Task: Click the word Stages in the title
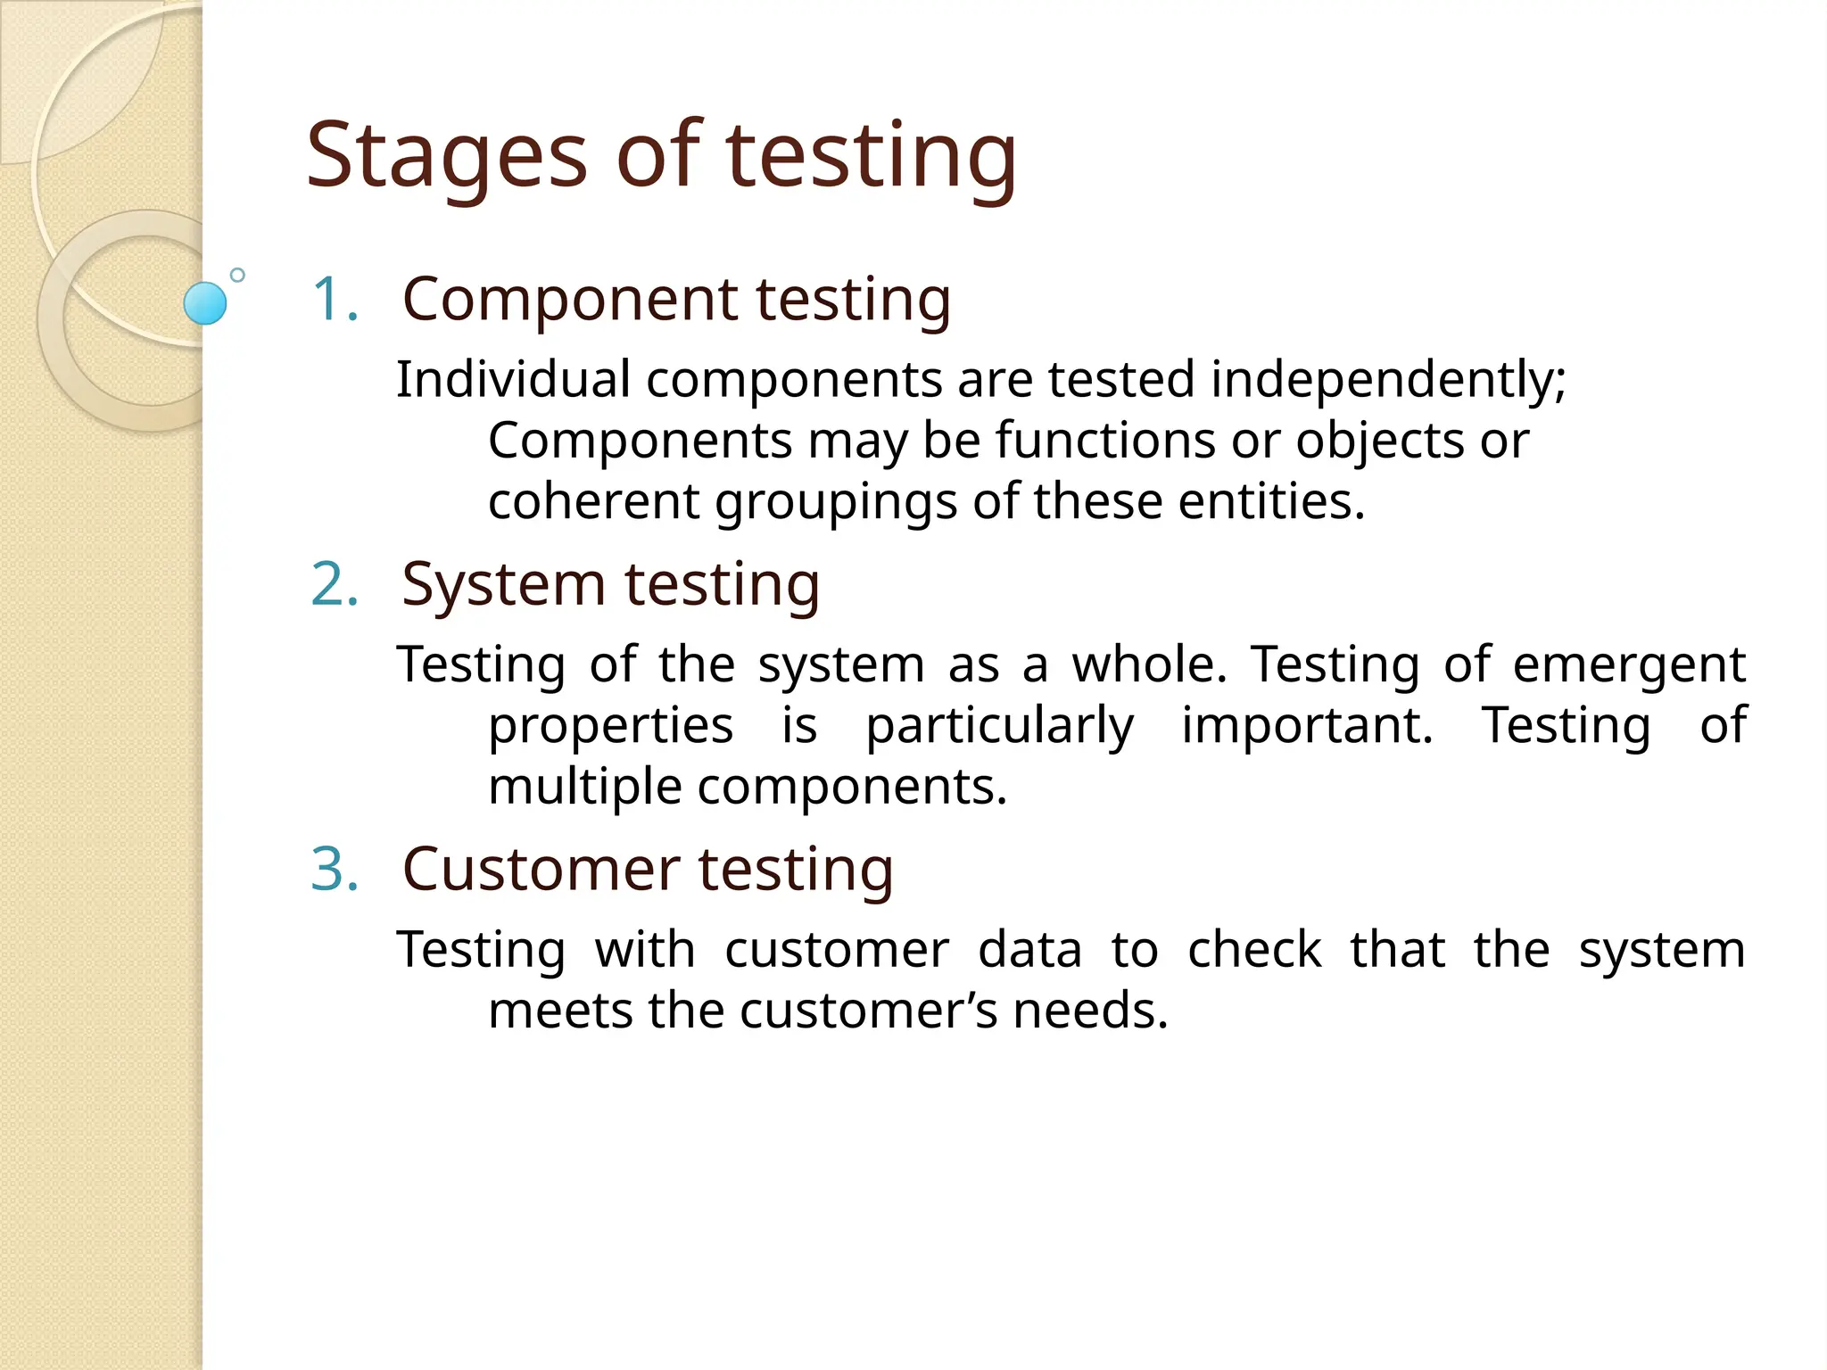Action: [446, 157]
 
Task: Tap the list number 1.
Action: [335, 299]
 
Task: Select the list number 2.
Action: [335, 584]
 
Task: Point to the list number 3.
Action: [335, 869]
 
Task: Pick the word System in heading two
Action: [503, 584]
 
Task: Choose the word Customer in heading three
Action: [541, 869]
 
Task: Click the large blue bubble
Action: [205, 303]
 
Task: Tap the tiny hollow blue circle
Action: [237, 275]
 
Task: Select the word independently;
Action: [1387, 379]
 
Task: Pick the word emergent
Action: [1628, 665]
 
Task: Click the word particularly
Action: [999, 726]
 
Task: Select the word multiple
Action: [584, 788]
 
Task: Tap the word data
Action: [1029, 950]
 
